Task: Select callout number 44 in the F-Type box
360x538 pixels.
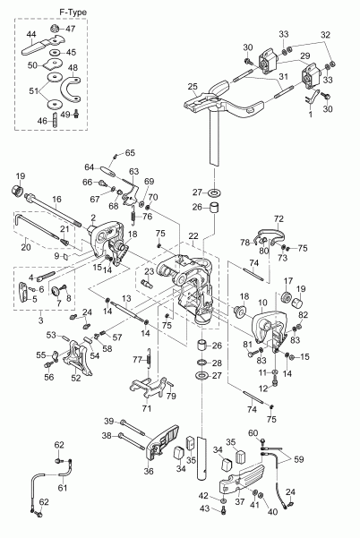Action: click(30, 33)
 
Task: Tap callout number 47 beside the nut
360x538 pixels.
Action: click(73, 29)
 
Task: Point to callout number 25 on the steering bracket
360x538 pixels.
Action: click(192, 86)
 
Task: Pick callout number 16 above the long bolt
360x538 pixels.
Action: click(56, 201)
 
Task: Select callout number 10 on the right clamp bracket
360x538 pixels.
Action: click(261, 304)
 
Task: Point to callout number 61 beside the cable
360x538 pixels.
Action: click(61, 489)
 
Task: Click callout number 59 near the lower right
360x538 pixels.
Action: click(298, 460)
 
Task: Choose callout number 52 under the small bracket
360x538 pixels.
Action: click(76, 378)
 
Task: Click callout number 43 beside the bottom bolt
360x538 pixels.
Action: click(203, 508)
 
